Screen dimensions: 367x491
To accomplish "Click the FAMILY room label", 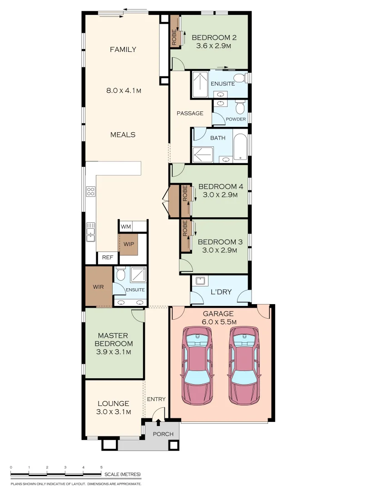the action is [123, 50].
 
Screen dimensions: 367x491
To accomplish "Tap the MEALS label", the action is [123, 135].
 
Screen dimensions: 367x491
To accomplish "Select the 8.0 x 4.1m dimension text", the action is [124, 91].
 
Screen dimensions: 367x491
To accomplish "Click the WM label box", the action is [126, 226].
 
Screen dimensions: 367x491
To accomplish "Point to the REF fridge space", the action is [108, 257].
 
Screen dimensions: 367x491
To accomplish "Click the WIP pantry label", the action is [129, 244].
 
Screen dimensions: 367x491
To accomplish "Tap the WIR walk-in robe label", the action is [98, 287].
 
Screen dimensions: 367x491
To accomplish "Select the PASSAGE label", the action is [190, 113].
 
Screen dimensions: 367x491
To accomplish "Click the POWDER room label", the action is [236, 119].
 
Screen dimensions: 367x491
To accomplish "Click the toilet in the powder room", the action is [240, 107].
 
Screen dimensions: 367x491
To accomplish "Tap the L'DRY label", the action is [221, 292].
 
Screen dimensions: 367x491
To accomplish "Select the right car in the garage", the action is [245, 366].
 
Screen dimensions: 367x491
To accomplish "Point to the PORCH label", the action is [163, 434].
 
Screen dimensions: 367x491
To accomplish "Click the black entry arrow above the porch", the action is [159, 422].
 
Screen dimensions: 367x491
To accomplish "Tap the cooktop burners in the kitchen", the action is [91, 191].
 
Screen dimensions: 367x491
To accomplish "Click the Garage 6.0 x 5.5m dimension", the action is [219, 322].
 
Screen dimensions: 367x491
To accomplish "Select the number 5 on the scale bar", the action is [101, 467].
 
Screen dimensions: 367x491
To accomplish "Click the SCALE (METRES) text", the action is [123, 474].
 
